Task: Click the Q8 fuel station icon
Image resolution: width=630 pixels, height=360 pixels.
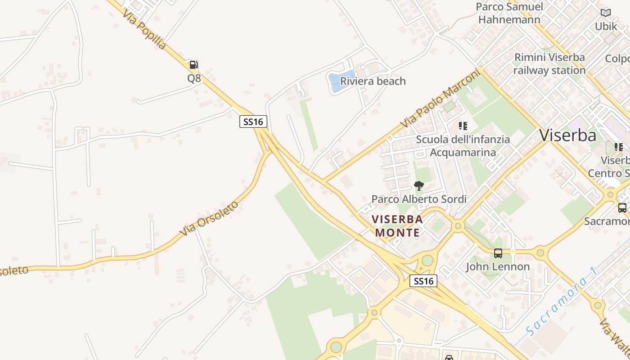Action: click(193, 65)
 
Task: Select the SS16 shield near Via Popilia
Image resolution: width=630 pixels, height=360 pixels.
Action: click(253, 121)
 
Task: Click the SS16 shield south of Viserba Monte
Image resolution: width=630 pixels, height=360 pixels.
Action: click(424, 281)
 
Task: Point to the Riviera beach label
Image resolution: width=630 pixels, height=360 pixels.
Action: click(373, 81)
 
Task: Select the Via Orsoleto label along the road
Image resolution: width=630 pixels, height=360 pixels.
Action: click(209, 218)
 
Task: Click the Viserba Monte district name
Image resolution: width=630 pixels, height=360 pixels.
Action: click(397, 226)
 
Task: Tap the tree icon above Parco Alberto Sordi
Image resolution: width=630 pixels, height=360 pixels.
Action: click(419, 185)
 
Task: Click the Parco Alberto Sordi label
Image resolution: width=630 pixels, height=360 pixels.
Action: click(419, 199)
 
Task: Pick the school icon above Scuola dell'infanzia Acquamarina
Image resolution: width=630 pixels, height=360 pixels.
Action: click(463, 126)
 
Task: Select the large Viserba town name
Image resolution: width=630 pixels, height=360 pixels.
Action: click(568, 135)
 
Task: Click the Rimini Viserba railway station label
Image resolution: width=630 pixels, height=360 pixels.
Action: click(549, 64)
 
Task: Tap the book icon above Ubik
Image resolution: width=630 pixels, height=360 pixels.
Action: click(606, 13)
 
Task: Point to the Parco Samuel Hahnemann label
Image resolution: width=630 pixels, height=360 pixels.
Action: click(509, 13)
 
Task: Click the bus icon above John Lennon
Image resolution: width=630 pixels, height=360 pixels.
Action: click(498, 253)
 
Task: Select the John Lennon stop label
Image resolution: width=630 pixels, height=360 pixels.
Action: click(498, 266)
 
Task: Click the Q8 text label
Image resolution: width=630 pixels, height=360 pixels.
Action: click(194, 78)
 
